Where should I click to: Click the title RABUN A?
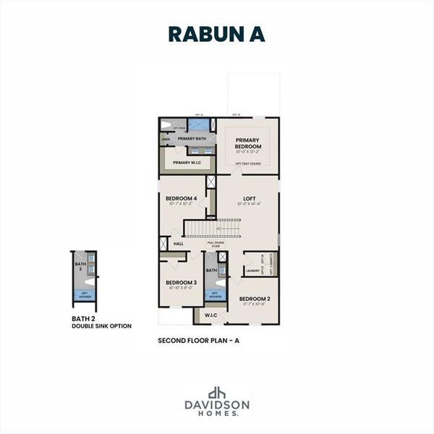click(x=216, y=34)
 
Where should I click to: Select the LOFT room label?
click(x=249, y=198)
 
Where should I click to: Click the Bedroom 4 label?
click(x=181, y=198)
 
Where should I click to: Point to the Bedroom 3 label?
click(x=181, y=282)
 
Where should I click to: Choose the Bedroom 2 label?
click(x=255, y=299)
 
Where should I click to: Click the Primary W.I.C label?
click(x=187, y=163)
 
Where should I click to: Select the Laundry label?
click(x=252, y=271)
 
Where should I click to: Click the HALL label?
click(x=178, y=244)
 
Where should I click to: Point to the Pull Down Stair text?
click(x=216, y=244)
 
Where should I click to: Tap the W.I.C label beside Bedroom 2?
click(x=210, y=315)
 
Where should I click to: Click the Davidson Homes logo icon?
click(x=216, y=393)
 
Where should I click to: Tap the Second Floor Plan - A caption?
click(x=197, y=339)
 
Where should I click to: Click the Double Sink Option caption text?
click(x=101, y=326)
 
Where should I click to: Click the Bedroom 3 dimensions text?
click(x=181, y=288)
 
